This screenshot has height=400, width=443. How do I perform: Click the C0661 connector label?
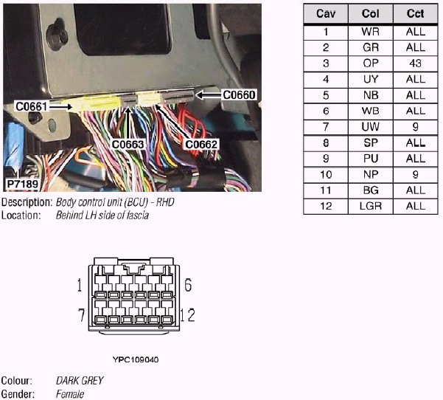pos(32,107)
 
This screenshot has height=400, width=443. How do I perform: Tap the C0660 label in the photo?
pos(238,94)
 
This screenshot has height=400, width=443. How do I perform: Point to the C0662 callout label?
pos(201,145)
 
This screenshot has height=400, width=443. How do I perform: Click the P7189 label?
pos(24,182)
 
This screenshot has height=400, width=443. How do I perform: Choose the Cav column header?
pos(325,15)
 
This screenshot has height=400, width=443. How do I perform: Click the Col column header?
pos(371,15)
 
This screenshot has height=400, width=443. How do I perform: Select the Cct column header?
pos(415,15)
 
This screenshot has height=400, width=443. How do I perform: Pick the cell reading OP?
pos(371,63)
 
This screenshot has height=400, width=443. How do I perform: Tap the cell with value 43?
pos(415,63)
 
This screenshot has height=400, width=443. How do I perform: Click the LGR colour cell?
pos(371,206)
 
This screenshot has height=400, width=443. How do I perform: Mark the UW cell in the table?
pos(371,126)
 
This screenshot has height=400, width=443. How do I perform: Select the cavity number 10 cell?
pos(325,174)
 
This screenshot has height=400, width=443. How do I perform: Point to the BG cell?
pos(371,190)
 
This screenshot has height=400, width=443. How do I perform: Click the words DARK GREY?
pos(80,381)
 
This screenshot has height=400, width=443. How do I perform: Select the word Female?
pos(70,394)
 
